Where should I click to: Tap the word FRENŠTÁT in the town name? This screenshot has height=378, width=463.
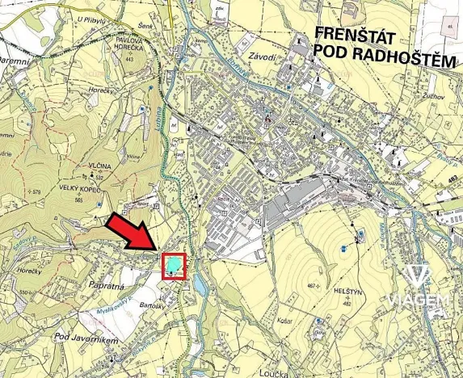pos(355,34)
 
